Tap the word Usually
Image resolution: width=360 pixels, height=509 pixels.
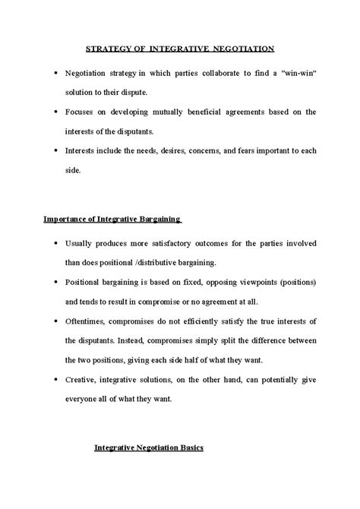[x=80, y=244]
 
